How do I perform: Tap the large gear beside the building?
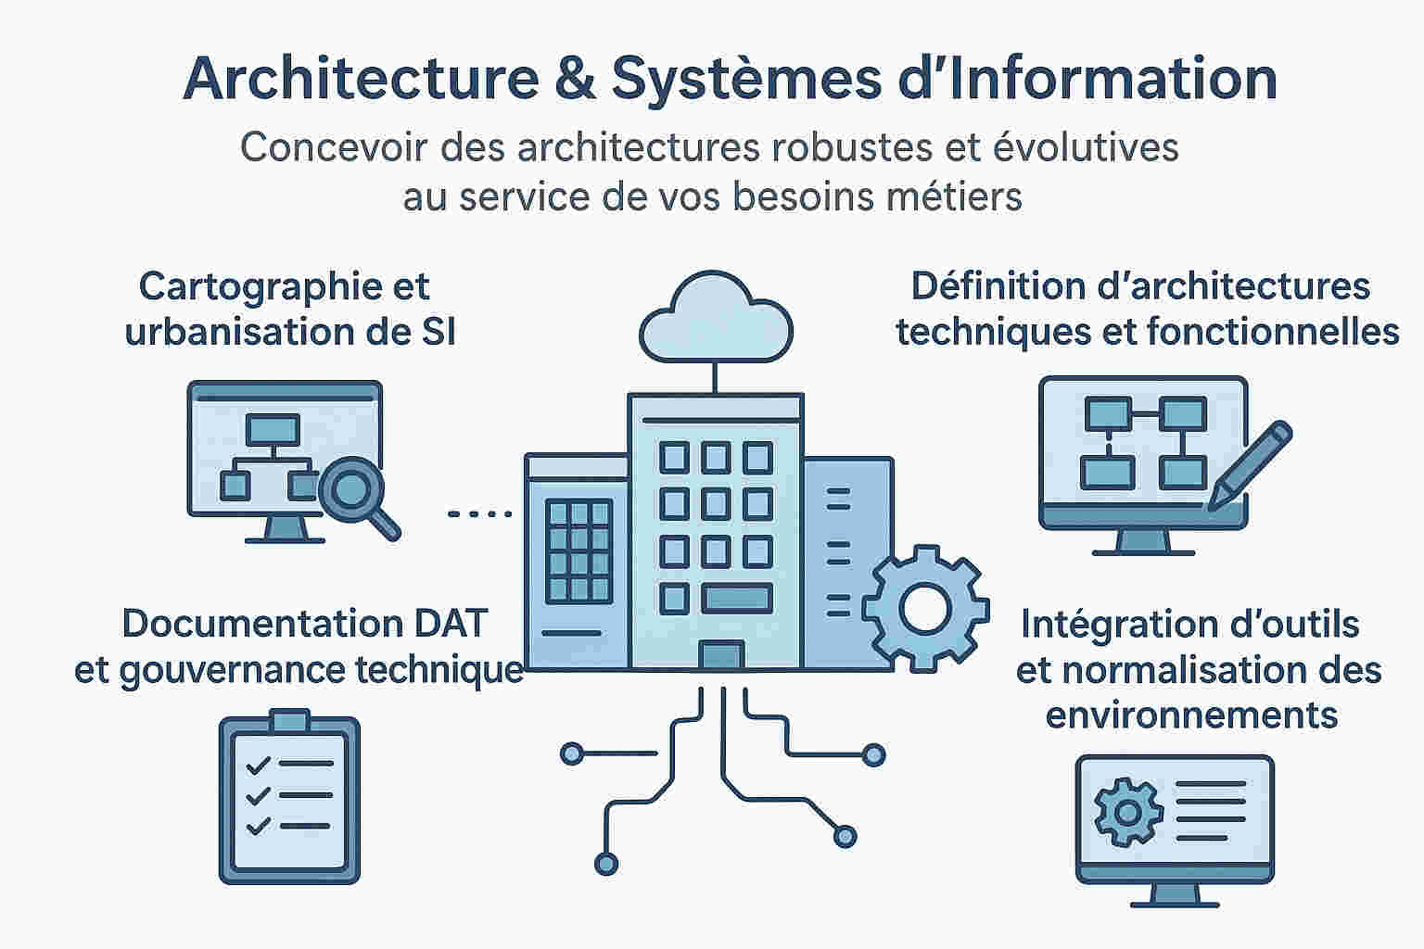tap(924, 609)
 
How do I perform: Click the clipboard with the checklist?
tap(289, 799)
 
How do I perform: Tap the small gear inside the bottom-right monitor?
tap(1127, 813)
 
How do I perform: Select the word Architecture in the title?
tap(361, 79)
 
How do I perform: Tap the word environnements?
tap(1191, 715)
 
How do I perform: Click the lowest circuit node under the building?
tap(605, 864)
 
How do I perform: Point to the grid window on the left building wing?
tap(579, 551)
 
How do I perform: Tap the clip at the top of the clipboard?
tap(289, 720)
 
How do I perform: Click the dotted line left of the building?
tap(479, 513)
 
